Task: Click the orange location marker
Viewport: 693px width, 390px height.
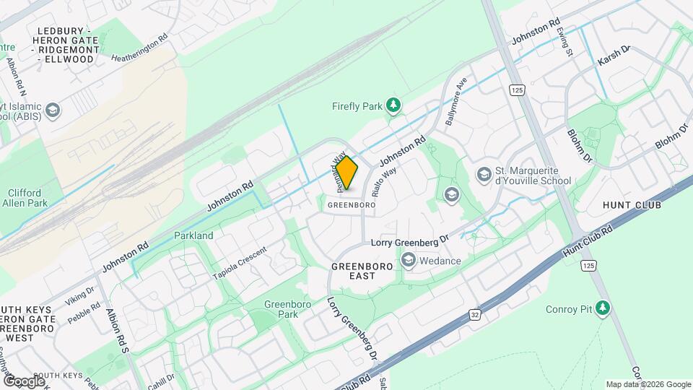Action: tap(347, 173)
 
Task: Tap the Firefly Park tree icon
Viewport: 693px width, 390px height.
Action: tap(393, 106)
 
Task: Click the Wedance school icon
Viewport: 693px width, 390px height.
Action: tap(409, 260)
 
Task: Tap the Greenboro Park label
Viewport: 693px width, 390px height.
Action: tap(287, 309)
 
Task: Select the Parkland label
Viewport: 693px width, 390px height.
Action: tap(193, 235)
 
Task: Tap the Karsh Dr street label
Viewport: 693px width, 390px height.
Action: tap(614, 58)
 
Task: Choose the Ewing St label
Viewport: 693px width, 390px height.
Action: tap(565, 43)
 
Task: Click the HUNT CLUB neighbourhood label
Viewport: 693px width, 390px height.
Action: tap(632, 205)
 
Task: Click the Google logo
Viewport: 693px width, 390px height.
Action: tap(24, 381)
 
